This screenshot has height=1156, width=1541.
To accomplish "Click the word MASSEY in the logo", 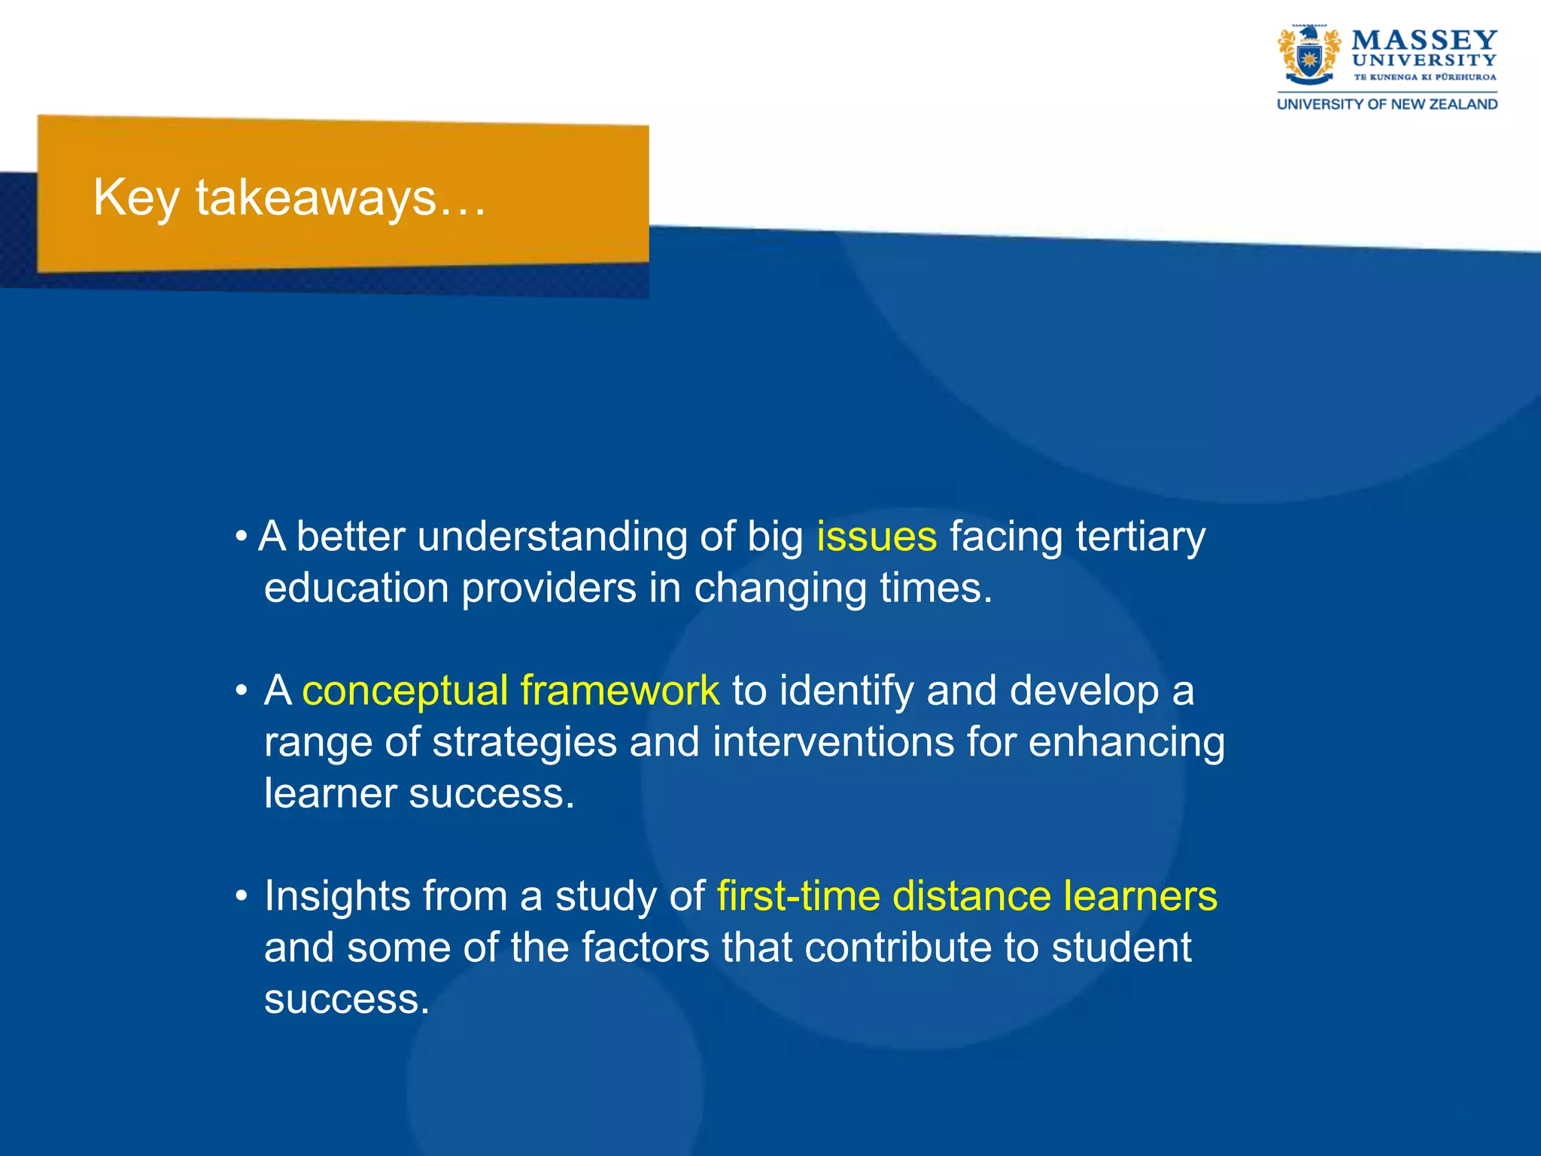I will click(1424, 40).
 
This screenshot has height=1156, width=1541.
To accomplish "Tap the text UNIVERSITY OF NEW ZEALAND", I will click(1387, 105).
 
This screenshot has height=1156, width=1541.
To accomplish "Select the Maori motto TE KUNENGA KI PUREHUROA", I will click(1425, 77).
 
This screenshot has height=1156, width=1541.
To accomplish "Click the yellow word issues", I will click(877, 537).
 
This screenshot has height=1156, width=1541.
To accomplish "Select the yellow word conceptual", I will click(405, 691).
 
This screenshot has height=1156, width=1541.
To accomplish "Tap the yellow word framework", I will click(619, 691).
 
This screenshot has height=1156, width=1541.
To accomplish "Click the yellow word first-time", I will click(798, 896).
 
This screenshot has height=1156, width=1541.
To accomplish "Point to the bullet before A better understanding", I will click(241, 537).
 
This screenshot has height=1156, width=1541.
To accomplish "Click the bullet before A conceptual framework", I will click(241, 691).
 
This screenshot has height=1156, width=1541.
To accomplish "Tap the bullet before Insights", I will click(241, 896).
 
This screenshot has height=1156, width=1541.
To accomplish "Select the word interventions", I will click(833, 742).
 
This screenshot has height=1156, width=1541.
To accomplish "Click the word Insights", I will click(336, 896).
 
